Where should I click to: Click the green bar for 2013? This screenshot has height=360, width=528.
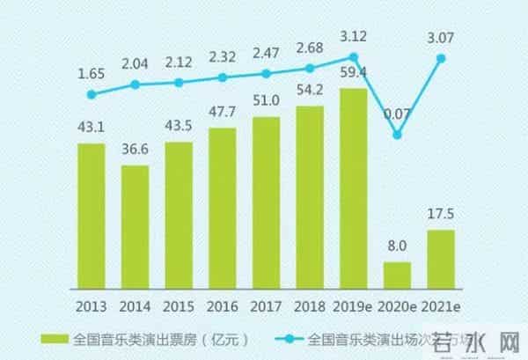(91, 216)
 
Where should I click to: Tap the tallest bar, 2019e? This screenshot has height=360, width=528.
(353, 188)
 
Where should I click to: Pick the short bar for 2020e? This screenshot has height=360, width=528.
(397, 275)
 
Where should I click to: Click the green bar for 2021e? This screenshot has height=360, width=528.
(441, 259)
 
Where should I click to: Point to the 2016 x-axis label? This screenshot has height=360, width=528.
(222, 306)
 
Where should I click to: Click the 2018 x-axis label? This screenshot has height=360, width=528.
(309, 306)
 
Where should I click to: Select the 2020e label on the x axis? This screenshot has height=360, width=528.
(397, 306)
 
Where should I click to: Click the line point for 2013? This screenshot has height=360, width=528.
(91, 93)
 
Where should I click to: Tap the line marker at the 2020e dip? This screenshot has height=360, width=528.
(398, 135)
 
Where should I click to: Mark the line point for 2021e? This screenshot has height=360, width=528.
(441, 58)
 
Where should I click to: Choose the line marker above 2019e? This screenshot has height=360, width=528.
(353, 56)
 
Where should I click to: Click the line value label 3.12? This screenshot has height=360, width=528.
(353, 35)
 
